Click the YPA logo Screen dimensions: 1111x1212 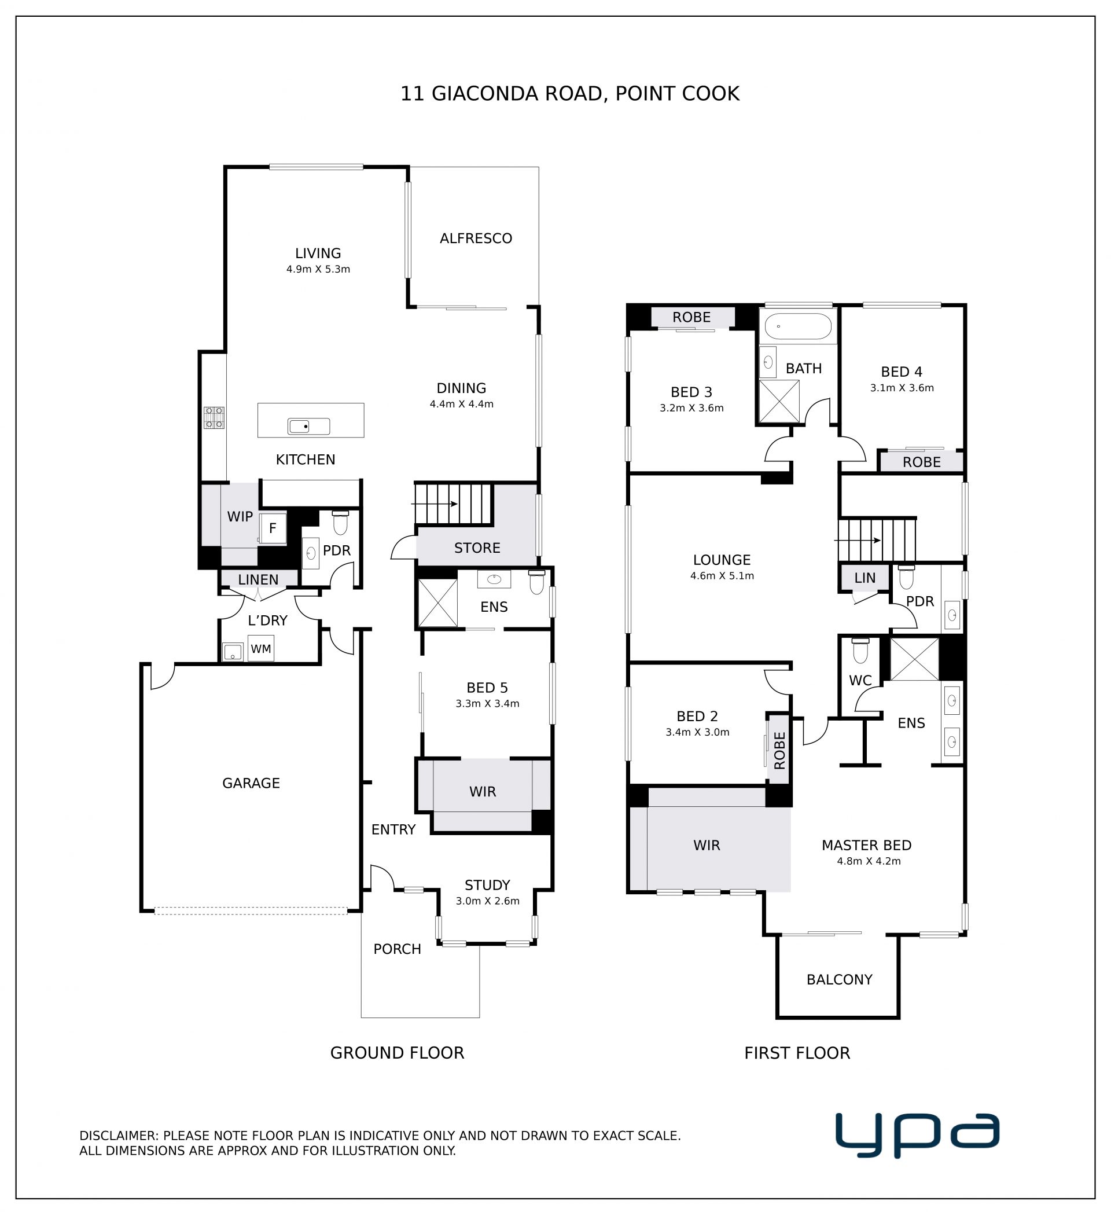click(918, 1135)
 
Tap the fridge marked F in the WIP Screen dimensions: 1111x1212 click(273, 528)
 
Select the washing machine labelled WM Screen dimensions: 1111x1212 click(261, 649)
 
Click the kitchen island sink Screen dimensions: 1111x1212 click(309, 426)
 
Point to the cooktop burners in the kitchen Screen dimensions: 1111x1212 click(214, 417)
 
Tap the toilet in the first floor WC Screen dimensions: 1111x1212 click(860, 651)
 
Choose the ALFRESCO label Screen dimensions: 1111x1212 click(476, 238)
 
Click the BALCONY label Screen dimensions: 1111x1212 click(839, 979)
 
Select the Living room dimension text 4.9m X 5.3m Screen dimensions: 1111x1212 click(318, 269)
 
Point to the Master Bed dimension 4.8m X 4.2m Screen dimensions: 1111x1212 click(869, 861)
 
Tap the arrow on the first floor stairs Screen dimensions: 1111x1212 click(858, 541)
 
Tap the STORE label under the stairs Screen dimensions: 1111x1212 click(477, 548)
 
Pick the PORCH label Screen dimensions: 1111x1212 click(398, 949)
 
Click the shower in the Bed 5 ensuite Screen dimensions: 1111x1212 click(437, 603)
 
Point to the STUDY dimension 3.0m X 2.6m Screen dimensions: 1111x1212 click(488, 901)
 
